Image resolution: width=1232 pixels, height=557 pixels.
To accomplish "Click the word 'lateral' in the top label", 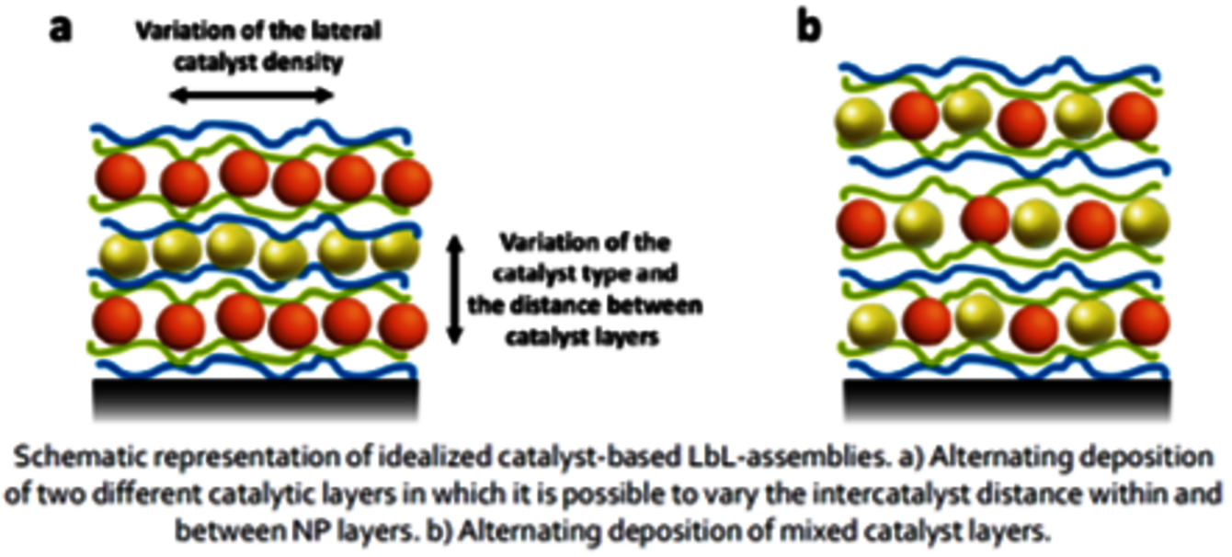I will click(347, 30).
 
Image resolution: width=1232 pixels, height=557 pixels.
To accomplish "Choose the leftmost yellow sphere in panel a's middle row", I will click(125, 252).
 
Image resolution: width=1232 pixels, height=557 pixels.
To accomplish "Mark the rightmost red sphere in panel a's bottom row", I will click(403, 323).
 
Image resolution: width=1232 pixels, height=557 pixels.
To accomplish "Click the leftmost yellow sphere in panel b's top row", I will click(859, 120).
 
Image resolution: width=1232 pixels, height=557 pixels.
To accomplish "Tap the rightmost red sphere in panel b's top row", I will click(1133, 116).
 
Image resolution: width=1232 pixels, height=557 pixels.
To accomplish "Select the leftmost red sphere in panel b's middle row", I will click(861, 224).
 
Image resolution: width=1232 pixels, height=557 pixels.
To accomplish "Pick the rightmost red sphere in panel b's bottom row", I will click(1146, 321).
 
